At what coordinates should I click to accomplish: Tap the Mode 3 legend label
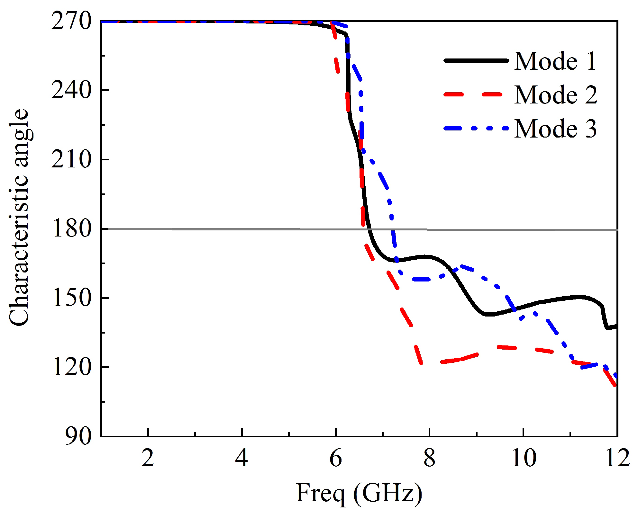point(555,129)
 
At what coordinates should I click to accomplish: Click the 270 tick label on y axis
point(71,22)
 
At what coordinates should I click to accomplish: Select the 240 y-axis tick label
point(71,91)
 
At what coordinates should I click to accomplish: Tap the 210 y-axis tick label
point(71,160)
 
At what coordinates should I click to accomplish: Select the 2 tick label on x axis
point(148,458)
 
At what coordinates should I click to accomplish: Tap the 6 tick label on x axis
point(336,458)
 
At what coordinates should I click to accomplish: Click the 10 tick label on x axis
point(524,458)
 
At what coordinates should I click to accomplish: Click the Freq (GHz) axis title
point(359,493)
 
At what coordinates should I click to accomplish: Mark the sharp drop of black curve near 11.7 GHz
point(604,317)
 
